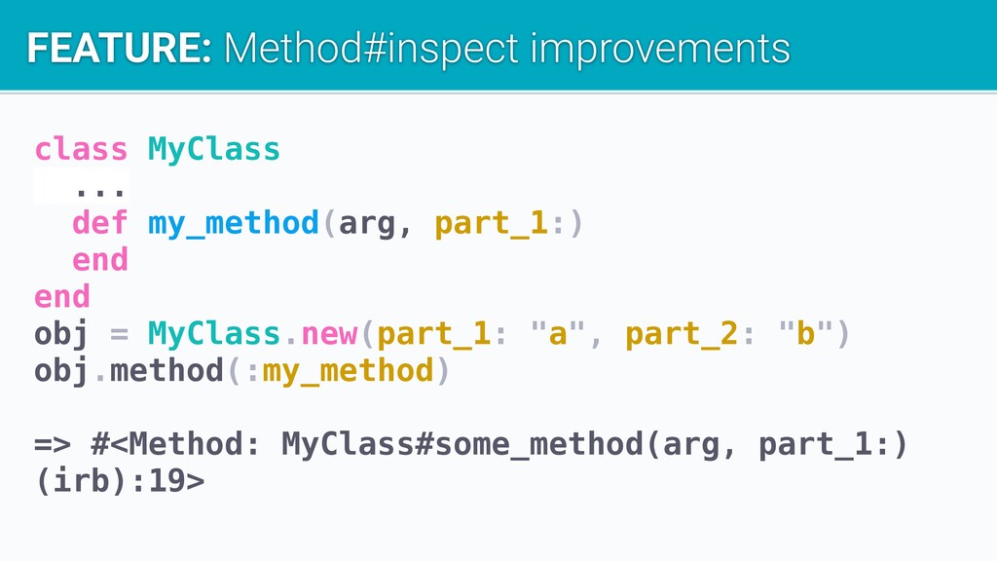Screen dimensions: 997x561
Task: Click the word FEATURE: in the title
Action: point(120,49)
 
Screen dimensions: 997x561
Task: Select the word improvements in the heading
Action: point(660,50)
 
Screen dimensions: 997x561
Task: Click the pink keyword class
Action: point(81,149)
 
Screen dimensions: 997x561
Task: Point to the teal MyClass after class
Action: point(213,149)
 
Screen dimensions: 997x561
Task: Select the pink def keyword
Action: point(100,223)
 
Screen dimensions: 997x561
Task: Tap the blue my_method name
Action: point(234,224)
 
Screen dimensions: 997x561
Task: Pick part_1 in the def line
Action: point(492,224)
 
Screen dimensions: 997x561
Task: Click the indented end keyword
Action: point(100,260)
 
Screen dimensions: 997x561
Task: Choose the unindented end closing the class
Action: point(61,297)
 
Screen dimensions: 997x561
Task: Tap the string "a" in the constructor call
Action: point(558,333)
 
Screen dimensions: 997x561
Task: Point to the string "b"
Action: point(805,333)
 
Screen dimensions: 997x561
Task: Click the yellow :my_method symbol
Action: point(341,371)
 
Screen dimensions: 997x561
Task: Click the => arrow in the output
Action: point(53,444)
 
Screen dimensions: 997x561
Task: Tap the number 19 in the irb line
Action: point(166,481)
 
